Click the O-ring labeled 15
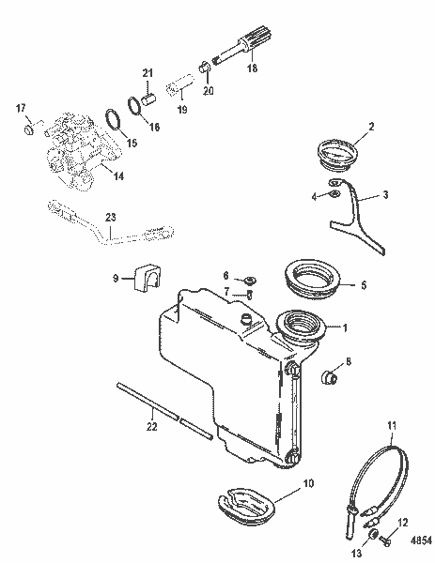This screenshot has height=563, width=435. click(111, 122)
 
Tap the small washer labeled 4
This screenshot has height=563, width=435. click(333, 195)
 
